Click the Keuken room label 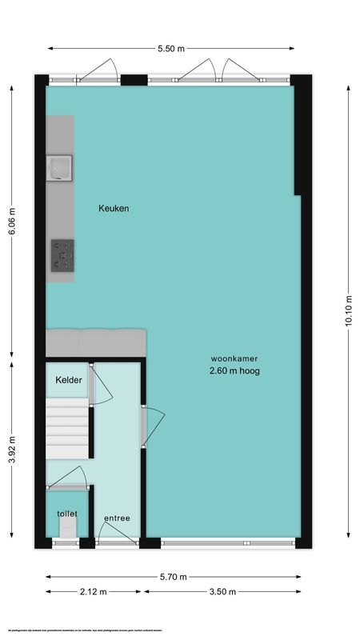[x=114, y=208]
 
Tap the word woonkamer [x=234, y=358]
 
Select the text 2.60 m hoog [x=234, y=371]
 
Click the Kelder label [x=68, y=381]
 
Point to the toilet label [x=67, y=513]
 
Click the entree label [x=117, y=518]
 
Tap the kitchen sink [x=60, y=168]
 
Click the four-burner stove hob [x=62, y=255]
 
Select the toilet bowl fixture [x=68, y=527]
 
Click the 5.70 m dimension [x=173, y=577]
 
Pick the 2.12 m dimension [x=94, y=592]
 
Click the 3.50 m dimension [x=222, y=592]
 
